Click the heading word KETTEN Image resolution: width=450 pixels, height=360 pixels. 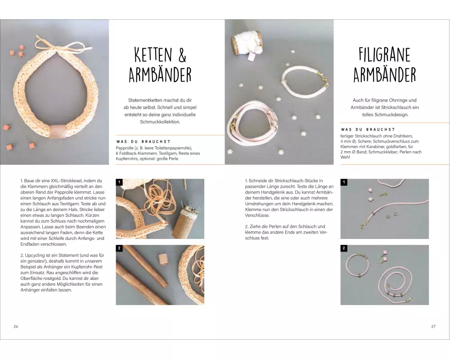click(153, 55)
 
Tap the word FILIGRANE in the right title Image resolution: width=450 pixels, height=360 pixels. click(385, 54)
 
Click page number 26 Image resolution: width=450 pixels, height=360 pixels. click(16, 326)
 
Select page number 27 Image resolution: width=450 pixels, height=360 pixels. click(433, 326)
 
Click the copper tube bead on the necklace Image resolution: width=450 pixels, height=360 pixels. click(58, 131)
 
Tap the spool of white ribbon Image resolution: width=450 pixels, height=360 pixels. click(247, 43)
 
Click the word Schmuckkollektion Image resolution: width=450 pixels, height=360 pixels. click(160, 121)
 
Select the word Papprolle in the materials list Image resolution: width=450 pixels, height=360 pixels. click(125, 148)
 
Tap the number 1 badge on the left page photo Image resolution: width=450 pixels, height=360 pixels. click(119, 182)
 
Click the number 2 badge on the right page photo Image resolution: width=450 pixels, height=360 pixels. click(344, 248)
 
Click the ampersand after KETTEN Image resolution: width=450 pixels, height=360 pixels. click(182, 55)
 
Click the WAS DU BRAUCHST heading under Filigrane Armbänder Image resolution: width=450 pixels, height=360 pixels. click(368, 130)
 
